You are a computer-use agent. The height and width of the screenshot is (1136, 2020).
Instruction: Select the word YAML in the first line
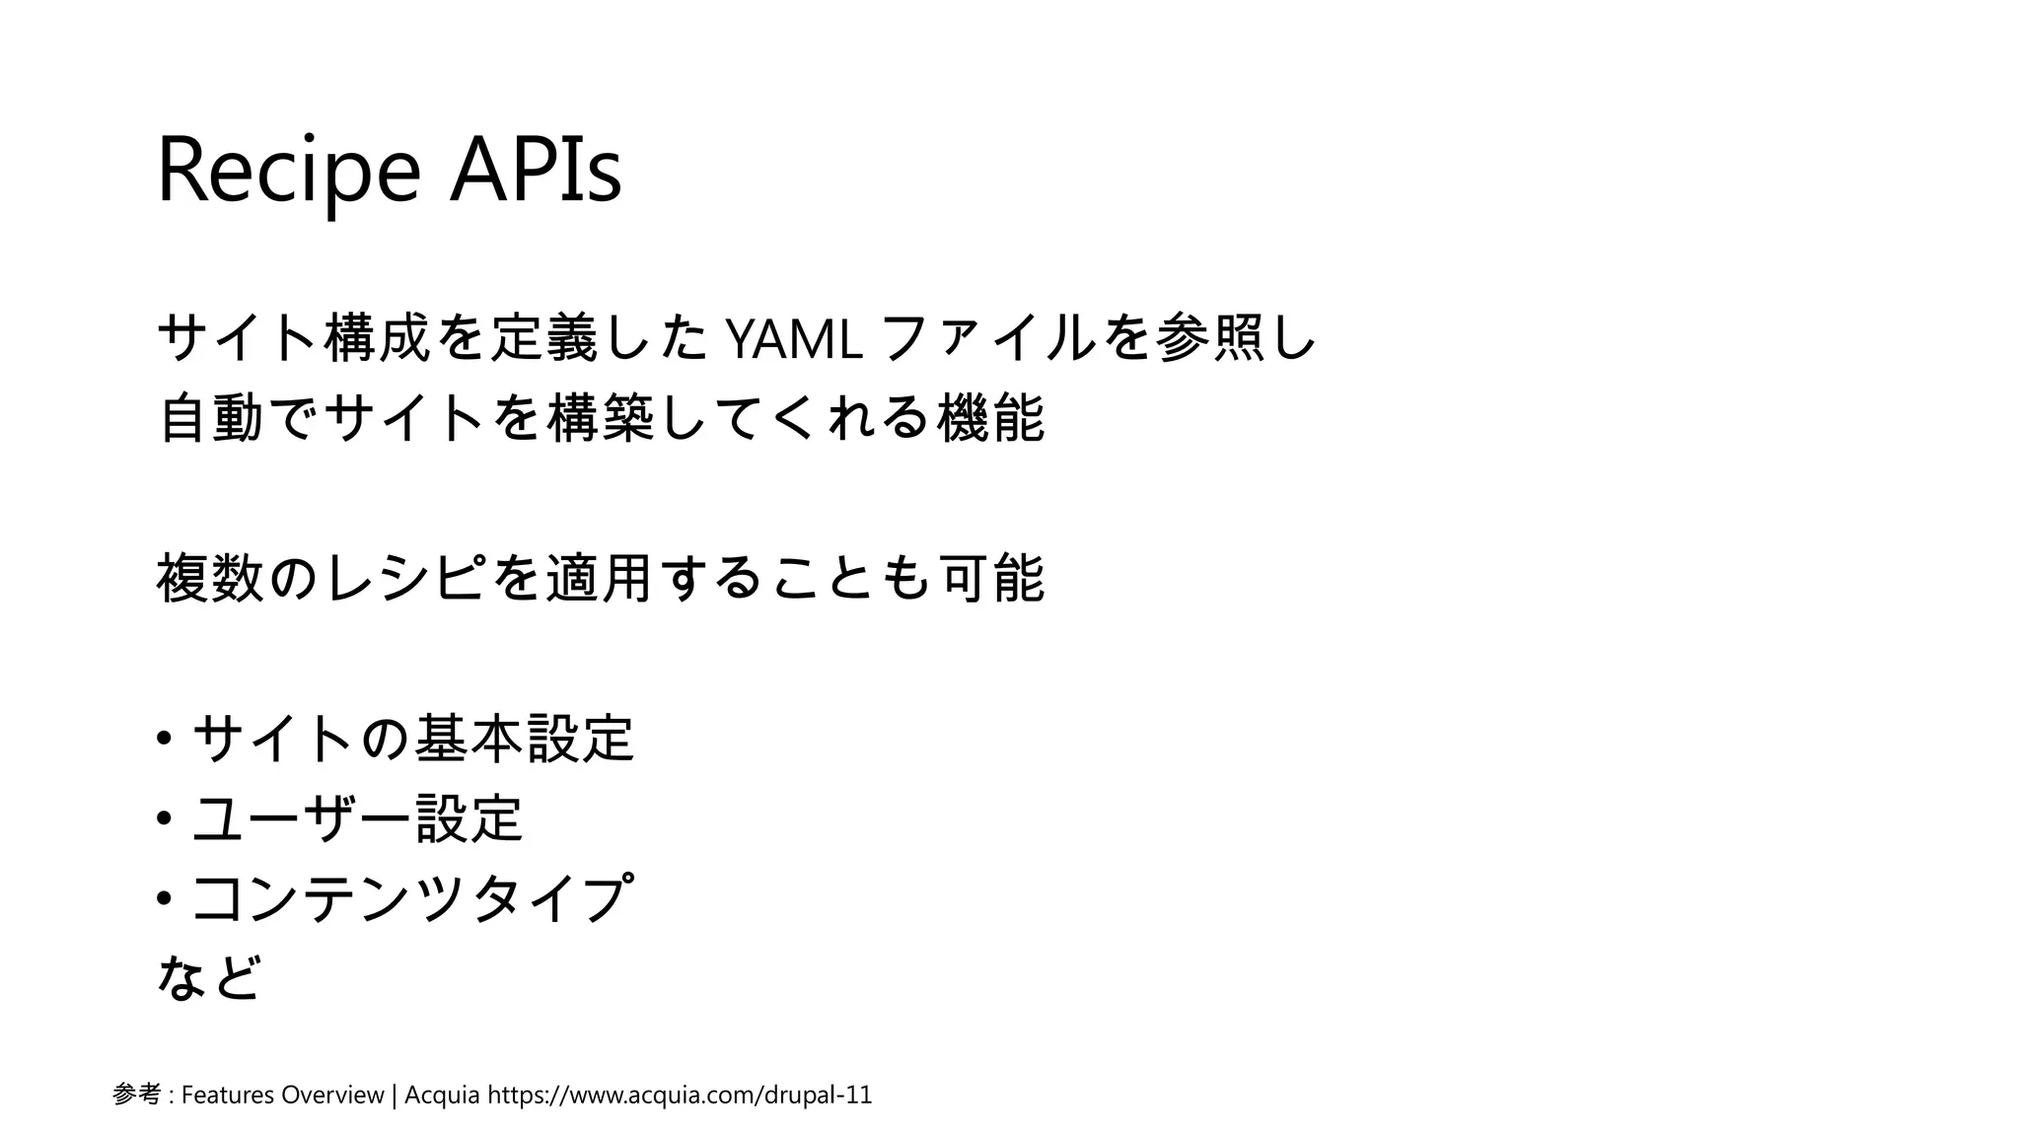point(794,340)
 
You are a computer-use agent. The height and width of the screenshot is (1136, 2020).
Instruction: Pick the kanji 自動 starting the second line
point(210,418)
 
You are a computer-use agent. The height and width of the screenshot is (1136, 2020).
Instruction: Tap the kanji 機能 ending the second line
point(991,418)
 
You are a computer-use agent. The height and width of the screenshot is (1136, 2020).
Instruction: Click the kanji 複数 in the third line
point(210,578)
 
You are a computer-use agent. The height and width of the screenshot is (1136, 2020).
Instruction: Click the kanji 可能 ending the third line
point(991,578)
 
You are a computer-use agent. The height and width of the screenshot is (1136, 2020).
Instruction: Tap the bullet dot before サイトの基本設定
point(165,739)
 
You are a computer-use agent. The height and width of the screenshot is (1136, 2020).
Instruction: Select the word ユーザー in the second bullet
point(301,818)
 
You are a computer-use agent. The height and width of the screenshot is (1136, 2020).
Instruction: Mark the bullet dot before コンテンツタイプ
point(165,898)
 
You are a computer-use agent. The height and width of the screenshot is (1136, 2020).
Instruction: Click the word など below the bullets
point(209,977)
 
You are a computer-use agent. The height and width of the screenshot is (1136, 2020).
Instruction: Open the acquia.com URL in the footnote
point(681,1095)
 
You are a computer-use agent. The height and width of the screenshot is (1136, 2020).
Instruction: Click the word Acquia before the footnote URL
point(443,1095)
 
